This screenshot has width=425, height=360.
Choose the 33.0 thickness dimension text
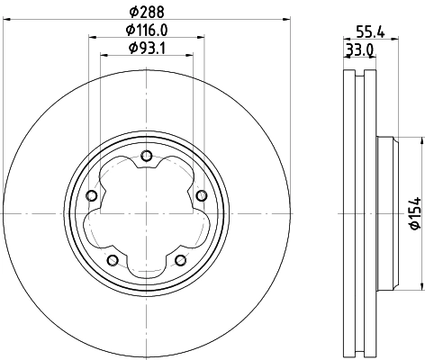(x=361, y=49)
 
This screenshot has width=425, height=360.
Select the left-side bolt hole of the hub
(x=91, y=197)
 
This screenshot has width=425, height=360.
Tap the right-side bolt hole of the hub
(x=200, y=197)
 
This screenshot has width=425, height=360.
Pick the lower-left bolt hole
(x=112, y=260)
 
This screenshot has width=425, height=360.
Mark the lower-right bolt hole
(x=179, y=260)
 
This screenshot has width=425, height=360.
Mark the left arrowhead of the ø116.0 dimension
(x=94, y=37)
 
